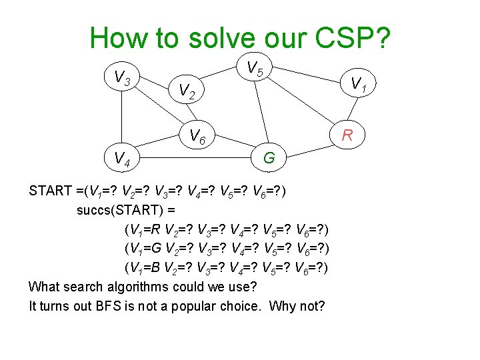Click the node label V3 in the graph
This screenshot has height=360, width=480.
121,79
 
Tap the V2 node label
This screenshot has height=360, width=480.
187,91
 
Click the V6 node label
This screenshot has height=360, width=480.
197,137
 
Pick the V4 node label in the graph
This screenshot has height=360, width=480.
121,159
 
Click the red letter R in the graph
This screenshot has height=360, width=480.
347,137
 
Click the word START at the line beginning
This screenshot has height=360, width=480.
51,191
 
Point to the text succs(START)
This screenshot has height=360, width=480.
121,211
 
